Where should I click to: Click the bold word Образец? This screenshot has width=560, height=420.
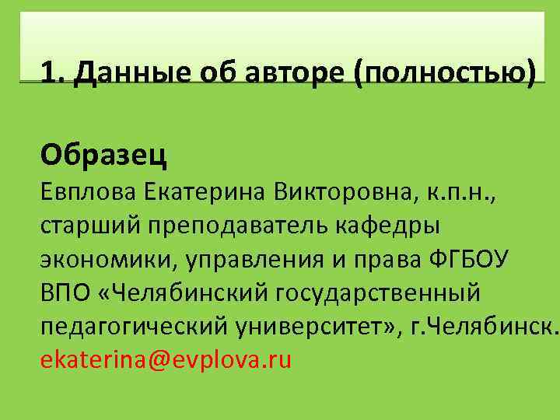click(x=104, y=155)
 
